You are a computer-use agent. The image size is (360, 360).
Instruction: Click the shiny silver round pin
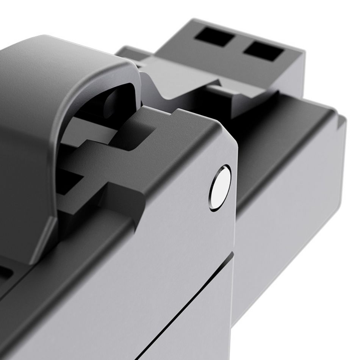pyautogui.click(x=220, y=188)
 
